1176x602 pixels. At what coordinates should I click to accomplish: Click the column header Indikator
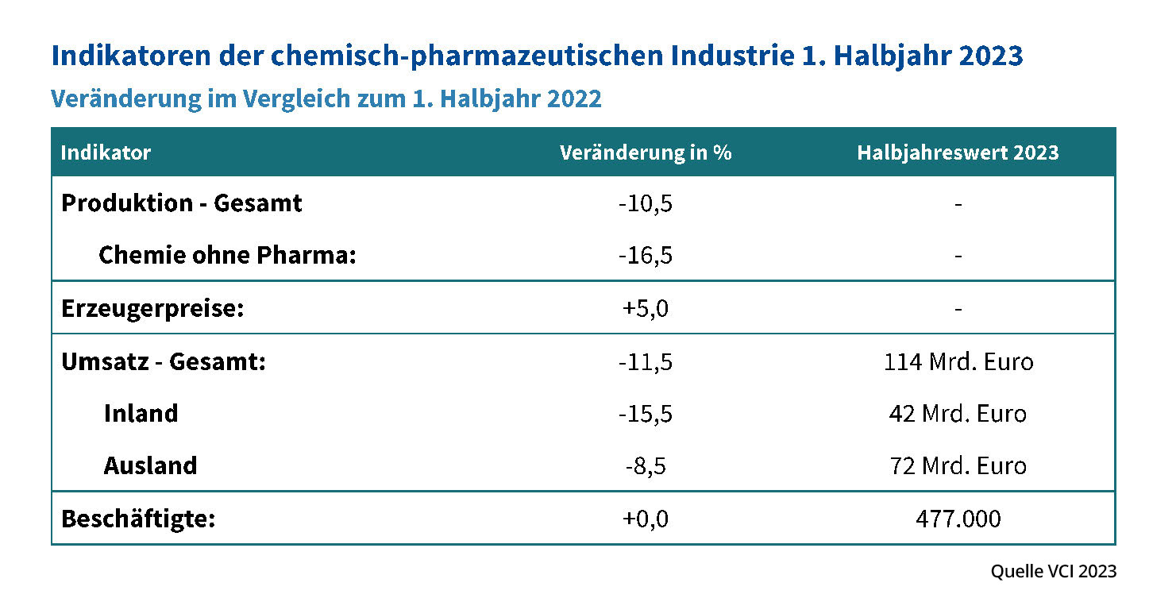click(x=106, y=152)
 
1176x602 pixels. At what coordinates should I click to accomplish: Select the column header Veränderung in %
click(x=645, y=152)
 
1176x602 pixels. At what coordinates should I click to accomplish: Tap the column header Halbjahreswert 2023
click(x=958, y=152)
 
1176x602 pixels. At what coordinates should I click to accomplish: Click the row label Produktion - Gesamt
click(x=181, y=203)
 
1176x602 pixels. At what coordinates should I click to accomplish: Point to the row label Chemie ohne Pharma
click(x=227, y=256)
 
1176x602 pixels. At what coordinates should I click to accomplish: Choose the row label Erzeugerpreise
click(x=152, y=308)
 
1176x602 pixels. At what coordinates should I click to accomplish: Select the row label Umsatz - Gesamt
click(x=163, y=362)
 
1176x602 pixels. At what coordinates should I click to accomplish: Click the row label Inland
click(x=141, y=414)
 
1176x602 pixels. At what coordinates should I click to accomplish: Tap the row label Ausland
click(x=150, y=465)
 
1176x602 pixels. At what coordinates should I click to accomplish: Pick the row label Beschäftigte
click(x=138, y=519)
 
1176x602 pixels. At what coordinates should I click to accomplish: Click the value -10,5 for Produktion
click(x=645, y=204)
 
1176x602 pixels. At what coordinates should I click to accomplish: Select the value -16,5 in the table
click(x=645, y=257)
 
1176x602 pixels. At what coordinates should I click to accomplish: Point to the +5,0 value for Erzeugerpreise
click(x=645, y=308)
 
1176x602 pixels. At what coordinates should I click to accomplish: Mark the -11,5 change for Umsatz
click(x=645, y=362)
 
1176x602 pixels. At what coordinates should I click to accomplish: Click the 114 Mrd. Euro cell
click(x=958, y=362)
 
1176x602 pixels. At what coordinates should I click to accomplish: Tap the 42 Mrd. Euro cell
click(x=958, y=414)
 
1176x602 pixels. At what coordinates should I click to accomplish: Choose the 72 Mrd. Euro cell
click(x=958, y=465)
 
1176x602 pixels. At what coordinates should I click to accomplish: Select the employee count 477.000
click(x=958, y=519)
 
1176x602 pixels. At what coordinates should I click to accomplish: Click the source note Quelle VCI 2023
click(x=1053, y=571)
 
